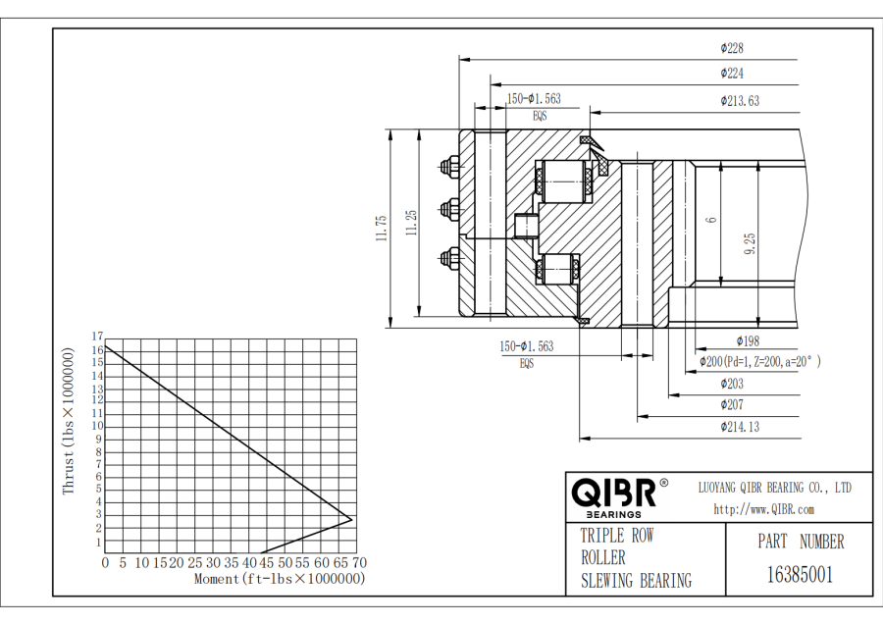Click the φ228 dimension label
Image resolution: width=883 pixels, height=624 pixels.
click(x=732, y=47)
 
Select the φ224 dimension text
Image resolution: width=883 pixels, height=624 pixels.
click(x=732, y=73)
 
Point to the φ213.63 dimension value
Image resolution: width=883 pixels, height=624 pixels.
click(x=739, y=100)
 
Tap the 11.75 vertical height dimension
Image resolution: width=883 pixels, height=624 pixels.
click(x=381, y=227)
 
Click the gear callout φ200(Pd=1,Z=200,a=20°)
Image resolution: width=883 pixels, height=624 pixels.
click(x=759, y=362)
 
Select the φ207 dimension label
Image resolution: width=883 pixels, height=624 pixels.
click(x=732, y=404)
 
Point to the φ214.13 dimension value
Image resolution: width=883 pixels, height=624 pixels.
click(x=739, y=427)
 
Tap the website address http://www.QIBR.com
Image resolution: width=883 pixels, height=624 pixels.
click(x=763, y=509)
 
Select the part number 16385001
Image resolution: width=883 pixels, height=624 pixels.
click(x=800, y=574)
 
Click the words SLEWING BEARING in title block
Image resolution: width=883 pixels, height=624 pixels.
click(x=636, y=581)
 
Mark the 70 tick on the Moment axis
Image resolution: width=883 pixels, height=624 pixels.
click(x=359, y=563)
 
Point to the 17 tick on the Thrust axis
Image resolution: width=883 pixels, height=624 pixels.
click(x=97, y=337)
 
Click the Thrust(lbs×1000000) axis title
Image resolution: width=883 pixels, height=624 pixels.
click(x=69, y=421)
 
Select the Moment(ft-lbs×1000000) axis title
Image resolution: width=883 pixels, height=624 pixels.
click(x=280, y=579)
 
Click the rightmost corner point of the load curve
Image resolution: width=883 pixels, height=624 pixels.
click(x=351, y=518)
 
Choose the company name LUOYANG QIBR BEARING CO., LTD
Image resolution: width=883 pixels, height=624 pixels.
click(x=774, y=488)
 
